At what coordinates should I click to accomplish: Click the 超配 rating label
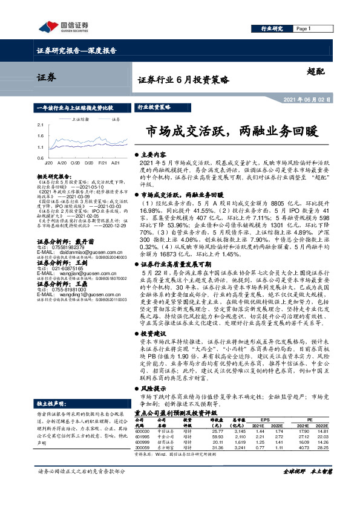pyautogui.click(x=316, y=71)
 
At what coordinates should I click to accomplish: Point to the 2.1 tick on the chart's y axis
pyautogui.click(x=39, y=125)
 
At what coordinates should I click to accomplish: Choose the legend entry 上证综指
pyautogui.click(x=80, y=119)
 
